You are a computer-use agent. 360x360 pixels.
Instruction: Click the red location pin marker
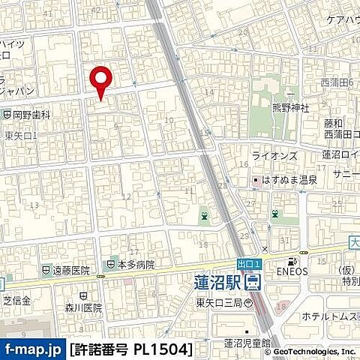(x=100, y=81)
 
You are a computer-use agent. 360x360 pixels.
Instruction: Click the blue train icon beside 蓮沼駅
(x=253, y=282)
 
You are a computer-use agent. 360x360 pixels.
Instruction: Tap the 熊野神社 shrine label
(x=289, y=106)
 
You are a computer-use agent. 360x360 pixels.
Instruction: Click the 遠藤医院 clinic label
(x=71, y=270)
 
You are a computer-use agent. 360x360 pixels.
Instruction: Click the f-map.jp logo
(x=33, y=328)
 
